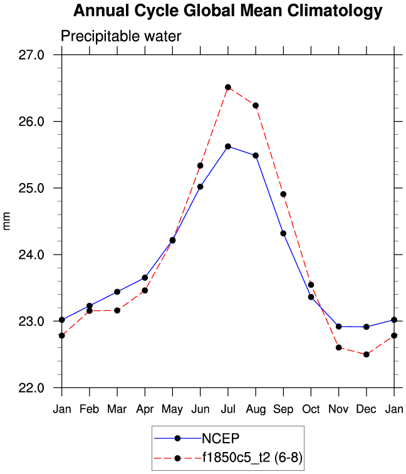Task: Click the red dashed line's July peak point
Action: pyautogui.click(x=228, y=87)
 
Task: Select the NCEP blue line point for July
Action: pyautogui.click(x=228, y=146)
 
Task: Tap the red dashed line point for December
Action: pyautogui.click(x=367, y=354)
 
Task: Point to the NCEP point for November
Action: pyautogui.click(x=339, y=326)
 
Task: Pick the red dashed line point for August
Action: pyautogui.click(x=256, y=105)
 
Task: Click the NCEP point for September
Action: pyautogui.click(x=283, y=233)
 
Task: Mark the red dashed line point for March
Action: pyautogui.click(x=117, y=310)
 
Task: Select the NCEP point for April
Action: pyautogui.click(x=145, y=277)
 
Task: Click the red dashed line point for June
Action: pyautogui.click(x=200, y=166)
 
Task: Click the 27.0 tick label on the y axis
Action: pyautogui.click(x=31, y=55)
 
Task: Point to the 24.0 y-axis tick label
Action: pyautogui.click(x=31, y=255)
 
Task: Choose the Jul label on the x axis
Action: pyautogui.click(x=228, y=409)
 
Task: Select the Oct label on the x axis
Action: pyautogui.click(x=311, y=409)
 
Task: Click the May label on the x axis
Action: pyautogui.click(x=172, y=410)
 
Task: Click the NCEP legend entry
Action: pyautogui.click(x=219, y=438)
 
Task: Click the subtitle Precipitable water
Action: pyautogui.click(x=120, y=36)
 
